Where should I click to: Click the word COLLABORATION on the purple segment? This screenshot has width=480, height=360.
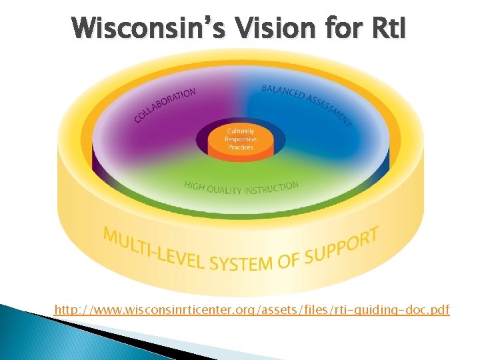165,105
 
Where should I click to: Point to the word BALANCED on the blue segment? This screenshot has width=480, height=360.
283,93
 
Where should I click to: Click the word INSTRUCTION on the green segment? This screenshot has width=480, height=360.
271,188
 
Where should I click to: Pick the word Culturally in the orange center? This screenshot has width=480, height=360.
240,131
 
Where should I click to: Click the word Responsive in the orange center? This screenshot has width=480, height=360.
240,139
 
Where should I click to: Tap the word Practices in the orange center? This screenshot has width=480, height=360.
240,147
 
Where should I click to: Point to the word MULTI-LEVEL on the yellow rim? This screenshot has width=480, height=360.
153,246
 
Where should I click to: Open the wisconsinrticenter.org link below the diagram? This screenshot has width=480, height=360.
252,309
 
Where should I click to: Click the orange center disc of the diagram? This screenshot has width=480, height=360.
240,141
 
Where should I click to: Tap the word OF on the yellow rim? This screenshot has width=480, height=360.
287,259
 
